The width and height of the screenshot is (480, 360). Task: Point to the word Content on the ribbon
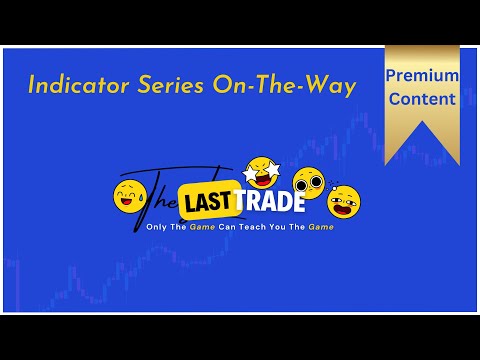(423, 99)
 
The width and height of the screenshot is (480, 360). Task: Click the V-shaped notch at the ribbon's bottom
(423, 150)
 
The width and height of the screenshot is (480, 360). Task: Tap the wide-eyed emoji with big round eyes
(309, 183)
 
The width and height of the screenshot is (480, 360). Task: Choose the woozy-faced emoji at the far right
(343, 202)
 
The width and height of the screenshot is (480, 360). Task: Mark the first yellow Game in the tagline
(198, 227)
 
